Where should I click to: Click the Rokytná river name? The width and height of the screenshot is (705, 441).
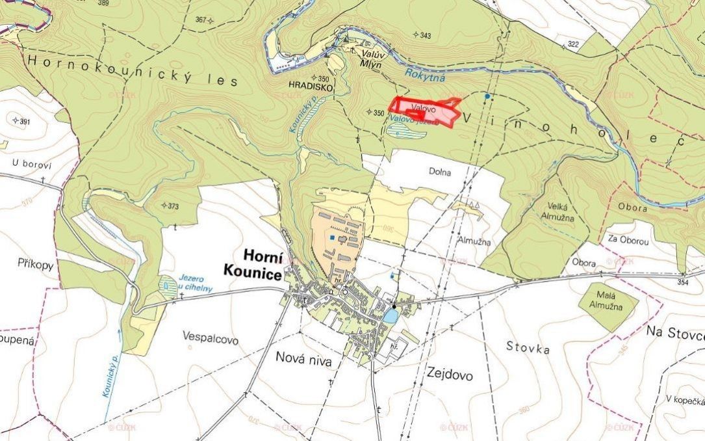tap(425, 74)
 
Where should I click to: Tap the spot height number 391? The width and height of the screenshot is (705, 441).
tap(25, 122)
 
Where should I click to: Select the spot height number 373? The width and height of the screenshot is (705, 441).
tap(173, 206)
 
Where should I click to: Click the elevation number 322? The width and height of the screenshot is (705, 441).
tap(573, 44)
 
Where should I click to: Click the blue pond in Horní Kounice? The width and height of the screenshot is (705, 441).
tap(390, 315)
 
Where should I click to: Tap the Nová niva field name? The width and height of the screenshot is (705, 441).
tap(303, 358)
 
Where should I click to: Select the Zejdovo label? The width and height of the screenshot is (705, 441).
tap(450, 374)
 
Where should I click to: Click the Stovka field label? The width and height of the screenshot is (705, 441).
tap(528, 348)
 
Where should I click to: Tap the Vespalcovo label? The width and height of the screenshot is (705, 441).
tap(211, 340)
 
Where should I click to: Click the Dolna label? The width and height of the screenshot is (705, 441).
tap(439, 172)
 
